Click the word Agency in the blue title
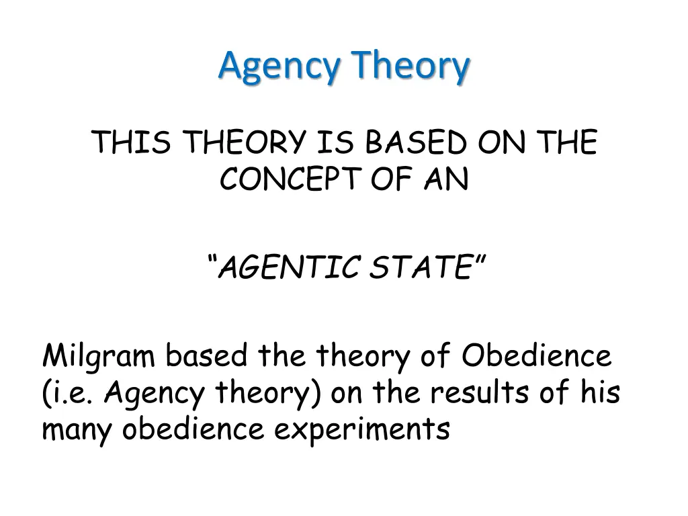[279, 67]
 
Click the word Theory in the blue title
[411, 67]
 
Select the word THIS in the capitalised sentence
[131, 142]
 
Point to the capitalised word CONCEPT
[290, 179]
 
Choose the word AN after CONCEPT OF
[447, 179]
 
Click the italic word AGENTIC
[289, 267]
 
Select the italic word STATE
[421, 267]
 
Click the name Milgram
[99, 356]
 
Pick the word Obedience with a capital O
[536, 355]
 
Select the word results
[479, 392]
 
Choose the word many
[77, 430]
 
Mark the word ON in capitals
[501, 142]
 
